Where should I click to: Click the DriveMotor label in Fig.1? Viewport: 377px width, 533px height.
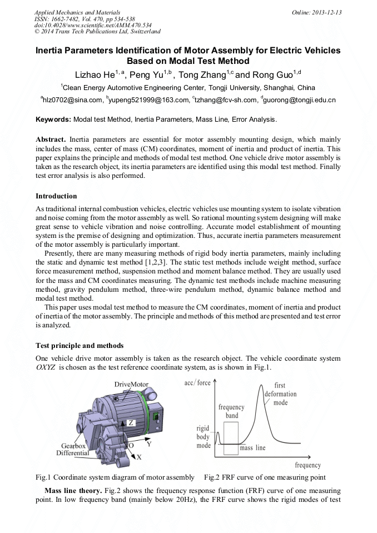(132, 384)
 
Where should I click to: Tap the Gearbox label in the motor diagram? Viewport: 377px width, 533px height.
(73, 446)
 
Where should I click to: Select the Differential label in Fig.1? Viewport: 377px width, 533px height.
(72, 453)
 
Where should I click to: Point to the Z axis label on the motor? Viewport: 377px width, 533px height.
(131, 422)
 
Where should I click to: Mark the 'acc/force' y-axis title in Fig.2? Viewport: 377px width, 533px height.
(197, 383)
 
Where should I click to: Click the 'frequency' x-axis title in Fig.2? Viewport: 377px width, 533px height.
(307, 465)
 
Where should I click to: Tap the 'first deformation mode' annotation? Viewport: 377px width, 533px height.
(280, 394)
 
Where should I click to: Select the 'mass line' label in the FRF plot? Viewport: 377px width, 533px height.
(252, 447)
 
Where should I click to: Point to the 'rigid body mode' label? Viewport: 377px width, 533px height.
(204, 437)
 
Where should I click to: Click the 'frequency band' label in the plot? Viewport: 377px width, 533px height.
(232, 411)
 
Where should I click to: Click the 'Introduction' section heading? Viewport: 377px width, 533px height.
(56, 196)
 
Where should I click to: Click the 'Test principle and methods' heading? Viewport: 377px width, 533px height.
(80, 346)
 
